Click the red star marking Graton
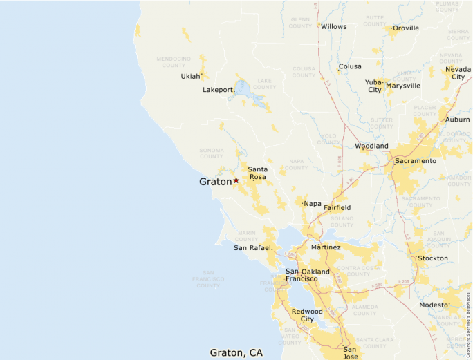pos(236,180)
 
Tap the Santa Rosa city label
pos(257,173)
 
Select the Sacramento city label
pos(415,161)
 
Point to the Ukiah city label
pos(190,76)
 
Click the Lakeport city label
pos(219,90)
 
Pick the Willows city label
pos(333,26)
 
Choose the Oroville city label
pos(405,28)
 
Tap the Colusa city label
pos(350,67)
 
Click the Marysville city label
pos(403,86)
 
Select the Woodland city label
pos(371,146)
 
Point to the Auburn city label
pos(457,120)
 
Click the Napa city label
pos(313,203)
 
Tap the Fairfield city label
pos(337,207)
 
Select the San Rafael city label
pos(253,247)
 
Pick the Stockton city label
pos(433,258)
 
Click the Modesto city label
pos(434,305)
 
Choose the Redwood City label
pos(307,315)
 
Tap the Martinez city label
pos(326,247)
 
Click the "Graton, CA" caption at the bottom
pos(236,352)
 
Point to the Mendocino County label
pos(174,63)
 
